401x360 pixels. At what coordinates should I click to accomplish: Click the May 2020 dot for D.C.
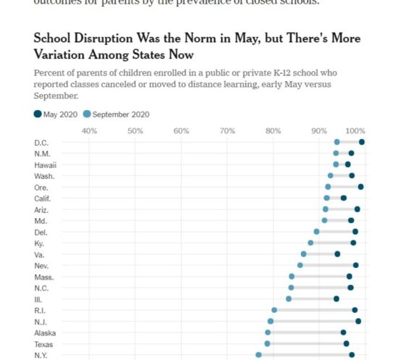pos(362,142)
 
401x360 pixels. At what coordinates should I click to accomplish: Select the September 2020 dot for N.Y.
pos(258,355)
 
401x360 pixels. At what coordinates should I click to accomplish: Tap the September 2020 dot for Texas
pos(268,343)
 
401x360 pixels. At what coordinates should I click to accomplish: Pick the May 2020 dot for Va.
pos(337,254)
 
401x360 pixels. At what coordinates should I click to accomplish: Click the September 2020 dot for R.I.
pos(274,310)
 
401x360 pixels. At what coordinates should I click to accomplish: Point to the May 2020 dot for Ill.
pos(336,298)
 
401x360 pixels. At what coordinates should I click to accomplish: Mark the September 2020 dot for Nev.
pos(300,265)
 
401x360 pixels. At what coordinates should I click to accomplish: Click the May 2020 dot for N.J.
pos(358,321)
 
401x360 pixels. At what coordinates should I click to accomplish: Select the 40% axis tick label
pos(89,130)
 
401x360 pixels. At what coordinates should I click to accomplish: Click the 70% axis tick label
pos(227,130)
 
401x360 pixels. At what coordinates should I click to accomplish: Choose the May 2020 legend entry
pos(56,114)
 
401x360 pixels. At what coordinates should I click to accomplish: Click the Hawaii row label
pos(46,164)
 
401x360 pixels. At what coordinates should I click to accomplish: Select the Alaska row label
pos(45,332)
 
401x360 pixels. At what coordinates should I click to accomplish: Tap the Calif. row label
pos(44,198)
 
